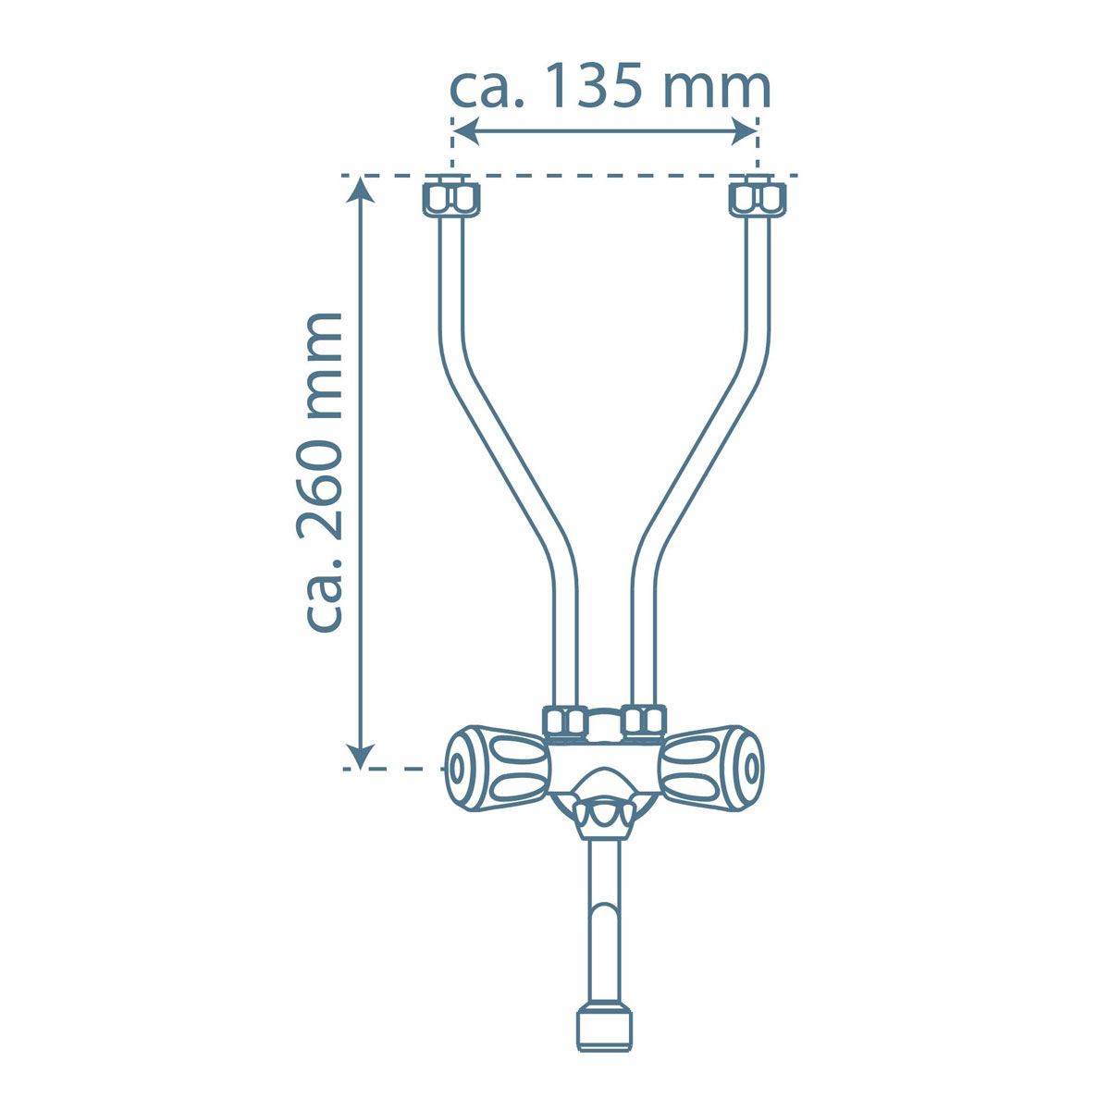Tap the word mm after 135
click(x=717, y=89)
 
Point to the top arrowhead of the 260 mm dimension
click(x=361, y=188)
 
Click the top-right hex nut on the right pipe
click(x=758, y=197)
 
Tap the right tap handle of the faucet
click(x=712, y=768)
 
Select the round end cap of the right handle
click(x=752, y=768)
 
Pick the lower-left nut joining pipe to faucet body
click(x=564, y=722)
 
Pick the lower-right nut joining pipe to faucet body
click(x=644, y=721)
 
